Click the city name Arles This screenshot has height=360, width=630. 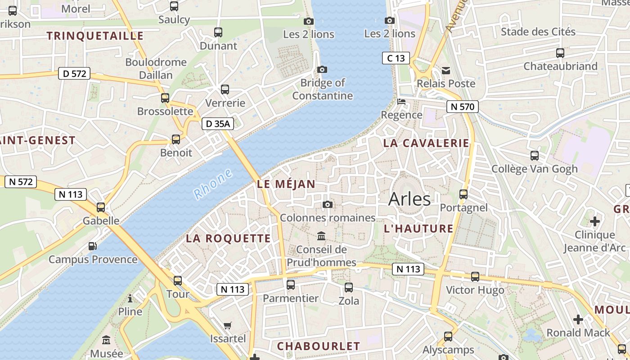[409, 199]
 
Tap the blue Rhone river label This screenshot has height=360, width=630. [213, 184]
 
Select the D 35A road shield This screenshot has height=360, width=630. [218, 124]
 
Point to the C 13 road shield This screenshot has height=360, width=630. [396, 58]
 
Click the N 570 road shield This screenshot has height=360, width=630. [463, 107]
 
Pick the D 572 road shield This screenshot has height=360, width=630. [75, 73]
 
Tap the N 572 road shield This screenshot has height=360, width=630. [21, 182]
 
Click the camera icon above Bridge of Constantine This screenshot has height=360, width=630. [322, 69]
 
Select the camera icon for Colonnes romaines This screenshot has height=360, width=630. [328, 205]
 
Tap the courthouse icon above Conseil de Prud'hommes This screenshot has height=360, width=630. [321, 236]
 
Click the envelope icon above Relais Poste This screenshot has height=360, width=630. [446, 70]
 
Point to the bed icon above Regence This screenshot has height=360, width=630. [401, 102]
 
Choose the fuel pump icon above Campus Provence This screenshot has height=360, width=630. [92, 246]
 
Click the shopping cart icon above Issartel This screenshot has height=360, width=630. [228, 325]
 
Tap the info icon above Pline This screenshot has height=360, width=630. [130, 298]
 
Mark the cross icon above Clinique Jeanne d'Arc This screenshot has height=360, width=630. [595, 221]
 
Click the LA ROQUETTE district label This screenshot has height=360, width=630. [229, 238]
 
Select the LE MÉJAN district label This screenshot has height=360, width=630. [286, 184]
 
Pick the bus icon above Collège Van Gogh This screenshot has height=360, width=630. [535, 156]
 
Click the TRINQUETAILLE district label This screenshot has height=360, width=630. [95, 36]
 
